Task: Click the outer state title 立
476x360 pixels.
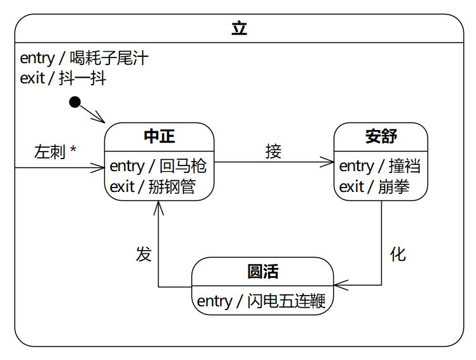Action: [x=239, y=28]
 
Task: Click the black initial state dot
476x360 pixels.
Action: [x=75, y=102]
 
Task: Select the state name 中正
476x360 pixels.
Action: [x=159, y=136]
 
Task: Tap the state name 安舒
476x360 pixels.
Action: [x=381, y=136]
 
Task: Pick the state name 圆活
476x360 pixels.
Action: [x=262, y=272]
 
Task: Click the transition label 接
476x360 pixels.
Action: [x=273, y=152]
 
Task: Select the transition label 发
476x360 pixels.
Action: [x=143, y=254]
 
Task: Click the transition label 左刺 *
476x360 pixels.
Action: [x=55, y=152]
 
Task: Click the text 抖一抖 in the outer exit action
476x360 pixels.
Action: [x=82, y=78]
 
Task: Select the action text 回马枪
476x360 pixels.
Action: [x=183, y=166]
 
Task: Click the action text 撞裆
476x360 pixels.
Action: [x=405, y=166]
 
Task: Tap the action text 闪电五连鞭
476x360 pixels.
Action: [x=286, y=301]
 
